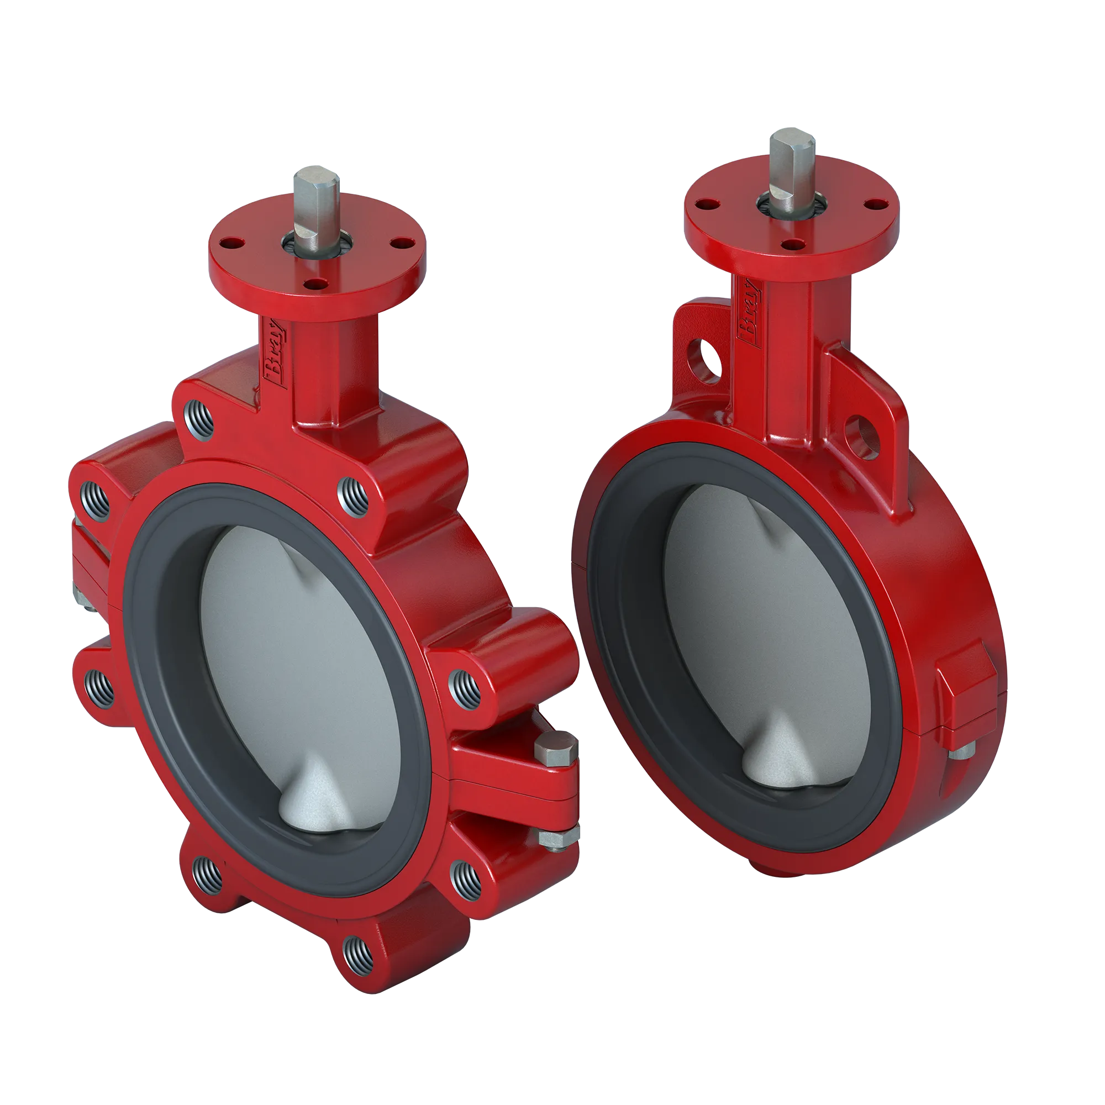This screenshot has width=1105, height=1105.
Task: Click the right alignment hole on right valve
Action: tap(862, 438)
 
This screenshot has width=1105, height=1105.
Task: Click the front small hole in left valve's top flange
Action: tap(313, 282)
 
